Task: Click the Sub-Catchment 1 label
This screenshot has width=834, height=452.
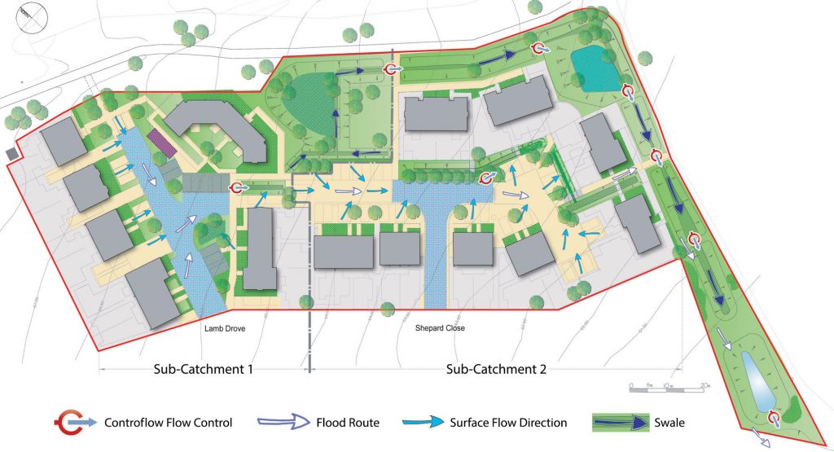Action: click(x=204, y=369)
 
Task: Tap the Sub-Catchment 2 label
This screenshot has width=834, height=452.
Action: click(x=496, y=369)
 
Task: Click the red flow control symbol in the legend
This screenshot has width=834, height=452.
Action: click(x=68, y=422)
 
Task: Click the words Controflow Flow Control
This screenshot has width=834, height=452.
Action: click(x=168, y=423)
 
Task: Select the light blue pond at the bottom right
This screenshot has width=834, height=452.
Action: click(x=753, y=380)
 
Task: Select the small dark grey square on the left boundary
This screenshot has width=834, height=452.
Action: click(x=11, y=153)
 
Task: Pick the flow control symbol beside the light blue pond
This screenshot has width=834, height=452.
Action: click(x=774, y=417)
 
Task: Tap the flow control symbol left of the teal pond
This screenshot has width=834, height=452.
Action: click(x=538, y=49)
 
